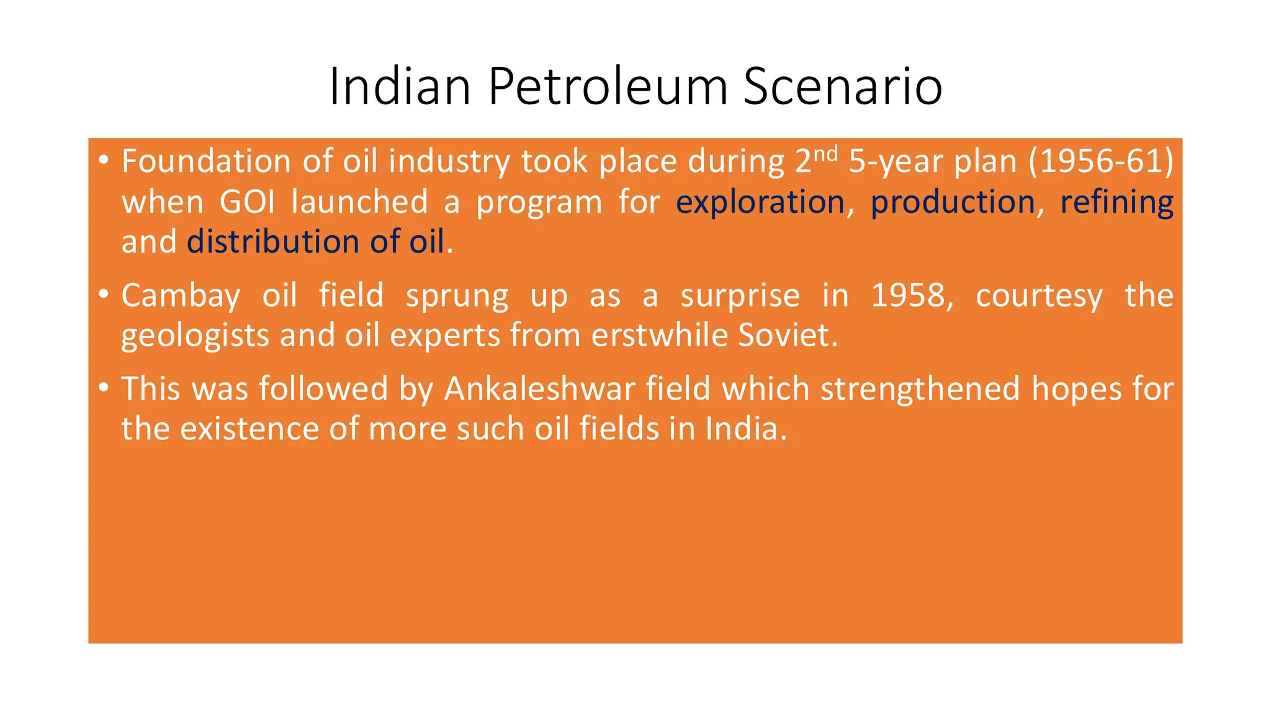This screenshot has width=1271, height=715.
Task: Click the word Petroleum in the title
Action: pyautogui.click(x=608, y=87)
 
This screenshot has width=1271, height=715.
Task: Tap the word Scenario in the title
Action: pyautogui.click(x=842, y=87)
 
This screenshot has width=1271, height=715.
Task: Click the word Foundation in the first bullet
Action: pyautogui.click(x=206, y=161)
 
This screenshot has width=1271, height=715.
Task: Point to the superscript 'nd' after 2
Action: pyautogui.click(x=825, y=153)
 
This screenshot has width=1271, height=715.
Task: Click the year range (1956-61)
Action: pyautogui.click(x=1101, y=161)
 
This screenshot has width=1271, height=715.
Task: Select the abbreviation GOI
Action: pyautogui.click(x=247, y=202)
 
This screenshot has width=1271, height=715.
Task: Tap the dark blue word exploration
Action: pyautogui.click(x=760, y=202)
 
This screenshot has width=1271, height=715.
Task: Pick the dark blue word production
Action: pyautogui.click(x=953, y=202)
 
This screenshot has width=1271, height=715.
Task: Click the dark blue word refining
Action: pyautogui.click(x=1116, y=202)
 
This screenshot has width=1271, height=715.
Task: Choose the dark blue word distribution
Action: pyautogui.click(x=273, y=241)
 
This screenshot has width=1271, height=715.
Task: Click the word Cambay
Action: pyautogui.click(x=181, y=296)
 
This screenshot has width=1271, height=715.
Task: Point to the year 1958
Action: pyautogui.click(x=910, y=295)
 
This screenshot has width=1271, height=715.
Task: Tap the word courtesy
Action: pyautogui.click(x=1039, y=296)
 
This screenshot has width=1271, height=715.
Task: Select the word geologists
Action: pyautogui.click(x=195, y=336)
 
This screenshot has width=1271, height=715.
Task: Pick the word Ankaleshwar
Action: pyautogui.click(x=539, y=389)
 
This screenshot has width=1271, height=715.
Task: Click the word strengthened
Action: pyautogui.click(x=920, y=389)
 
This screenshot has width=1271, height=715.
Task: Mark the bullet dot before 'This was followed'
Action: pyautogui.click(x=104, y=388)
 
